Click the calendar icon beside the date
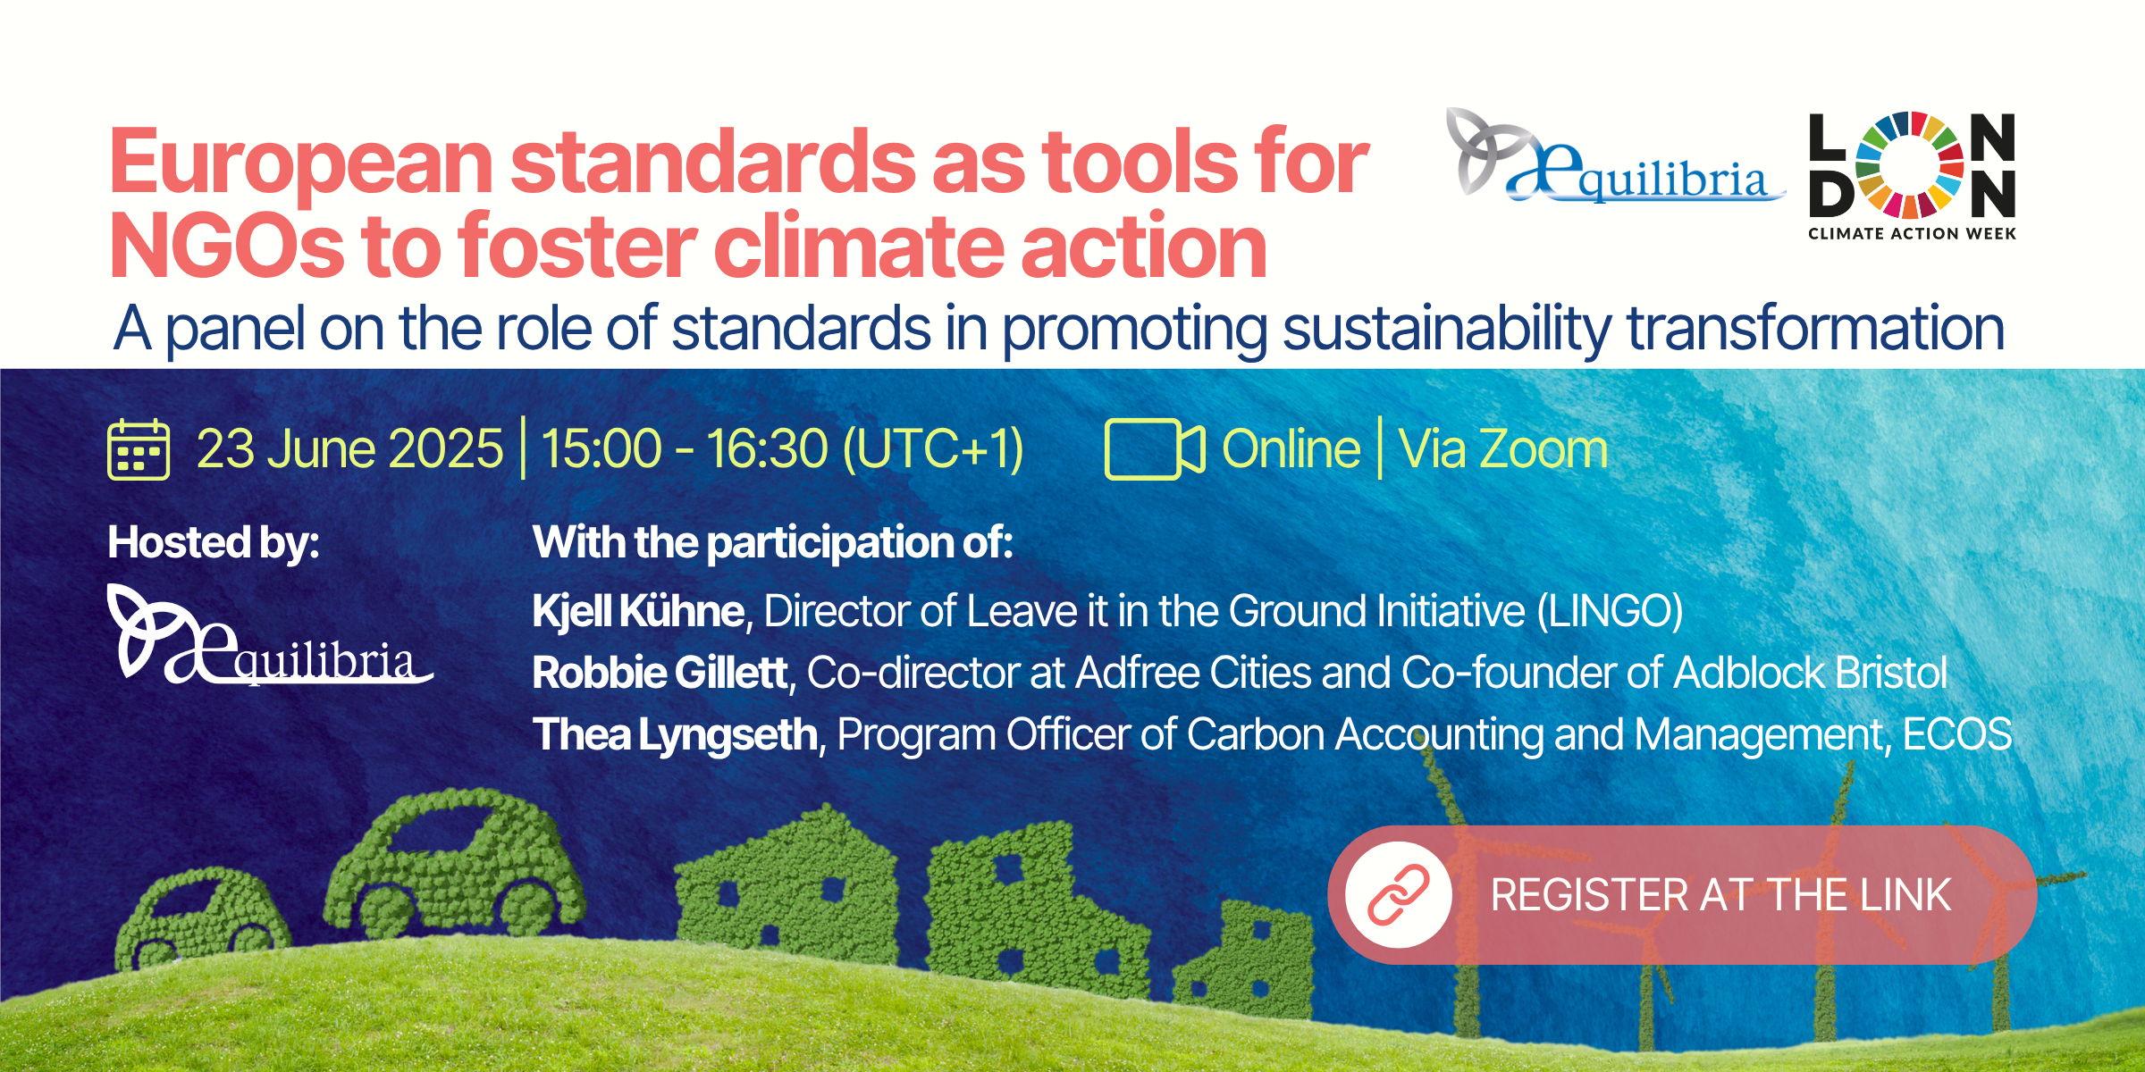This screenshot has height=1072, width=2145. pos(139,449)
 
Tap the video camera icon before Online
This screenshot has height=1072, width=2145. pos(1155,449)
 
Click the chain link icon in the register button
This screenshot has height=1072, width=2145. pos(1399,894)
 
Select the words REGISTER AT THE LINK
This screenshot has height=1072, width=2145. pos(1720,895)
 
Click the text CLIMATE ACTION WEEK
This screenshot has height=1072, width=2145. pos(1912,234)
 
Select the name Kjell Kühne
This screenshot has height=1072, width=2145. pos(638,611)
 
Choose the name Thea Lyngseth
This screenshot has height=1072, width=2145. pos(675,735)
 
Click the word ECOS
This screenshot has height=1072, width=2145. pos(1957,734)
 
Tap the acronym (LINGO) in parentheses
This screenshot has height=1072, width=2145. pos(1610,612)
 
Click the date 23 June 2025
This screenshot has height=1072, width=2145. pos(349,448)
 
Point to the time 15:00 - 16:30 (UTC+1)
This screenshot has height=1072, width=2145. pos(782,448)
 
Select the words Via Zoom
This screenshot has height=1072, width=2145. pos(1503,448)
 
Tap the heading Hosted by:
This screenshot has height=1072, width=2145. pos(214,542)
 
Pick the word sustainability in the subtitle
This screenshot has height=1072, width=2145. pos(1447,329)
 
